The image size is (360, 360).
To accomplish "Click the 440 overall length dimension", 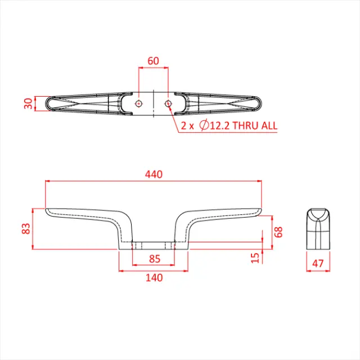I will (x=153, y=174).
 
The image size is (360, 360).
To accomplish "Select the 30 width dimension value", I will (x=28, y=103).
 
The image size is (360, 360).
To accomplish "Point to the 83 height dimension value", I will (x=25, y=228).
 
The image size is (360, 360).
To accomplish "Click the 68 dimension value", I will (x=278, y=231).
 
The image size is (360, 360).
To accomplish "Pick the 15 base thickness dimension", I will (x=255, y=257).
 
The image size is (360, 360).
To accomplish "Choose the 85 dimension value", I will (x=153, y=259).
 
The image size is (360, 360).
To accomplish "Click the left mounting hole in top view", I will (x=139, y=103).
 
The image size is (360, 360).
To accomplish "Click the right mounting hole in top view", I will (x=168, y=103).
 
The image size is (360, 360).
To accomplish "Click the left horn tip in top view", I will (x=48, y=103).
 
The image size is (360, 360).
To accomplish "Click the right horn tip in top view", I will (x=259, y=103).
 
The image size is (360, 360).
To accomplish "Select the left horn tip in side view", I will (x=47, y=210).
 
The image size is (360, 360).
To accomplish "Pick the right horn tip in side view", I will (x=259, y=210).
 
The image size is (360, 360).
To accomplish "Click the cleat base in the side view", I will (x=153, y=246).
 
